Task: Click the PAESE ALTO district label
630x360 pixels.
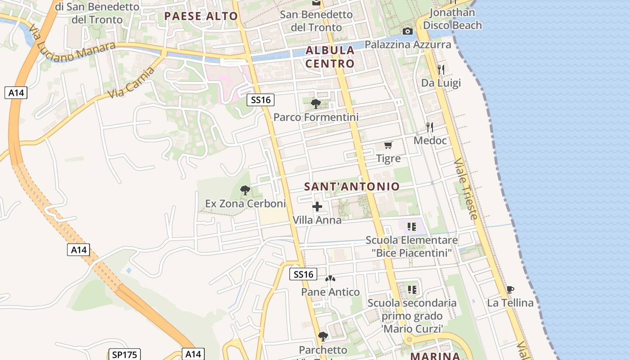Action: pos(201,17)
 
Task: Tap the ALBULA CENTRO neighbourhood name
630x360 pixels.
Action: pos(330,57)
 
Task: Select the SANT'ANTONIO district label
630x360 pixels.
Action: pos(352,186)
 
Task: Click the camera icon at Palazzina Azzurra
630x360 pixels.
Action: pos(408,31)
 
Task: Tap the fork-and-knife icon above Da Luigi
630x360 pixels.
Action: pos(441,69)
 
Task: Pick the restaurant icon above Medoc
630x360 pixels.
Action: pos(430,127)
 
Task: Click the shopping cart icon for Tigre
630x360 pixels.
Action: pos(388,145)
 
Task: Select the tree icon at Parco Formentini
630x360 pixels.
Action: pos(316,104)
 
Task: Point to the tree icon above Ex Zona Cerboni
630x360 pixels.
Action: pos(245,190)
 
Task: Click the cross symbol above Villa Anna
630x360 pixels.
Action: pos(317,207)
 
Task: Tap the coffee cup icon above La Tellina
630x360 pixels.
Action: pos(510,289)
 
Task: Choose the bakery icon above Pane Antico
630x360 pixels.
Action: pos(330,279)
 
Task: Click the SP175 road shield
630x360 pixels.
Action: pos(125,355)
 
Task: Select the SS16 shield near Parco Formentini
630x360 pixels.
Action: pos(261,100)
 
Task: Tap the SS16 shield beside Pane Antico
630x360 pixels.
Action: pos(303,274)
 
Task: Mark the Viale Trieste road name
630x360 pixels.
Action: pos(466,189)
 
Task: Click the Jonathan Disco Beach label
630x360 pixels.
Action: pos(452,19)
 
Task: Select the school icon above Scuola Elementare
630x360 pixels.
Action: pos(411,227)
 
